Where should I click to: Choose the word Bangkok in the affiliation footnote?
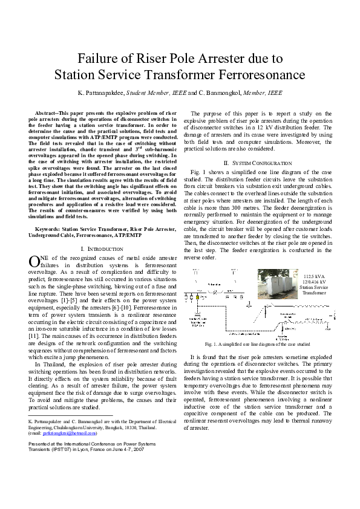123,427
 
